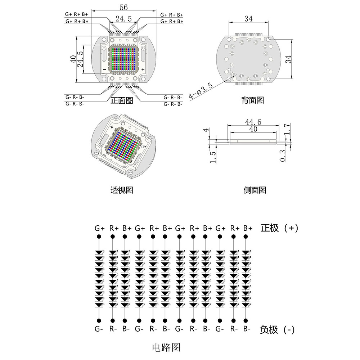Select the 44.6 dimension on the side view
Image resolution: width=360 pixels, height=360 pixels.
(253, 122)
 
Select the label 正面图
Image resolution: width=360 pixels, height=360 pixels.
(122, 100)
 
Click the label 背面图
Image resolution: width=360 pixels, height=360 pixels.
(253, 100)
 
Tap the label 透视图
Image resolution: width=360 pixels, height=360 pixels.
(122, 190)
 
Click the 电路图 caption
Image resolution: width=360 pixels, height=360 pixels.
(166, 347)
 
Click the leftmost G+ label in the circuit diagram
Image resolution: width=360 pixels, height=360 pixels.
(99, 228)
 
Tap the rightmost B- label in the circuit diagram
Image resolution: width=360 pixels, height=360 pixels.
(247, 328)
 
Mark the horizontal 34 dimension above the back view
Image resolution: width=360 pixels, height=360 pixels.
(248, 19)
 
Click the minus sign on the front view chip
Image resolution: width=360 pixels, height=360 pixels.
(104, 69)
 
